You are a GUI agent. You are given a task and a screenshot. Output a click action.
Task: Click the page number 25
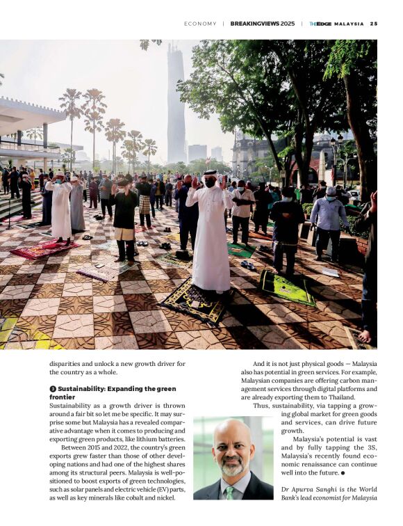tap(374, 24)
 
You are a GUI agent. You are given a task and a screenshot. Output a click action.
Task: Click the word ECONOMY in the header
tap(200, 24)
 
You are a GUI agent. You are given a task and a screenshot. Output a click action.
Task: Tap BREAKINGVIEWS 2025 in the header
tap(263, 24)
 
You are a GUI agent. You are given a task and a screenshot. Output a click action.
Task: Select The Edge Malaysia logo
tap(336, 24)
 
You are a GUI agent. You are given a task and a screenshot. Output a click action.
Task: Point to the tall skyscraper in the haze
tap(176, 104)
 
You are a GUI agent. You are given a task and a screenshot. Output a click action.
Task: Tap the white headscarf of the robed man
tap(210, 177)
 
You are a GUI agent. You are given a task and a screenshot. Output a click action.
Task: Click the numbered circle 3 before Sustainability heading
tap(52, 389)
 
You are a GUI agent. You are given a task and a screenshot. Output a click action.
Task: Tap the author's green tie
tap(229, 493)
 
